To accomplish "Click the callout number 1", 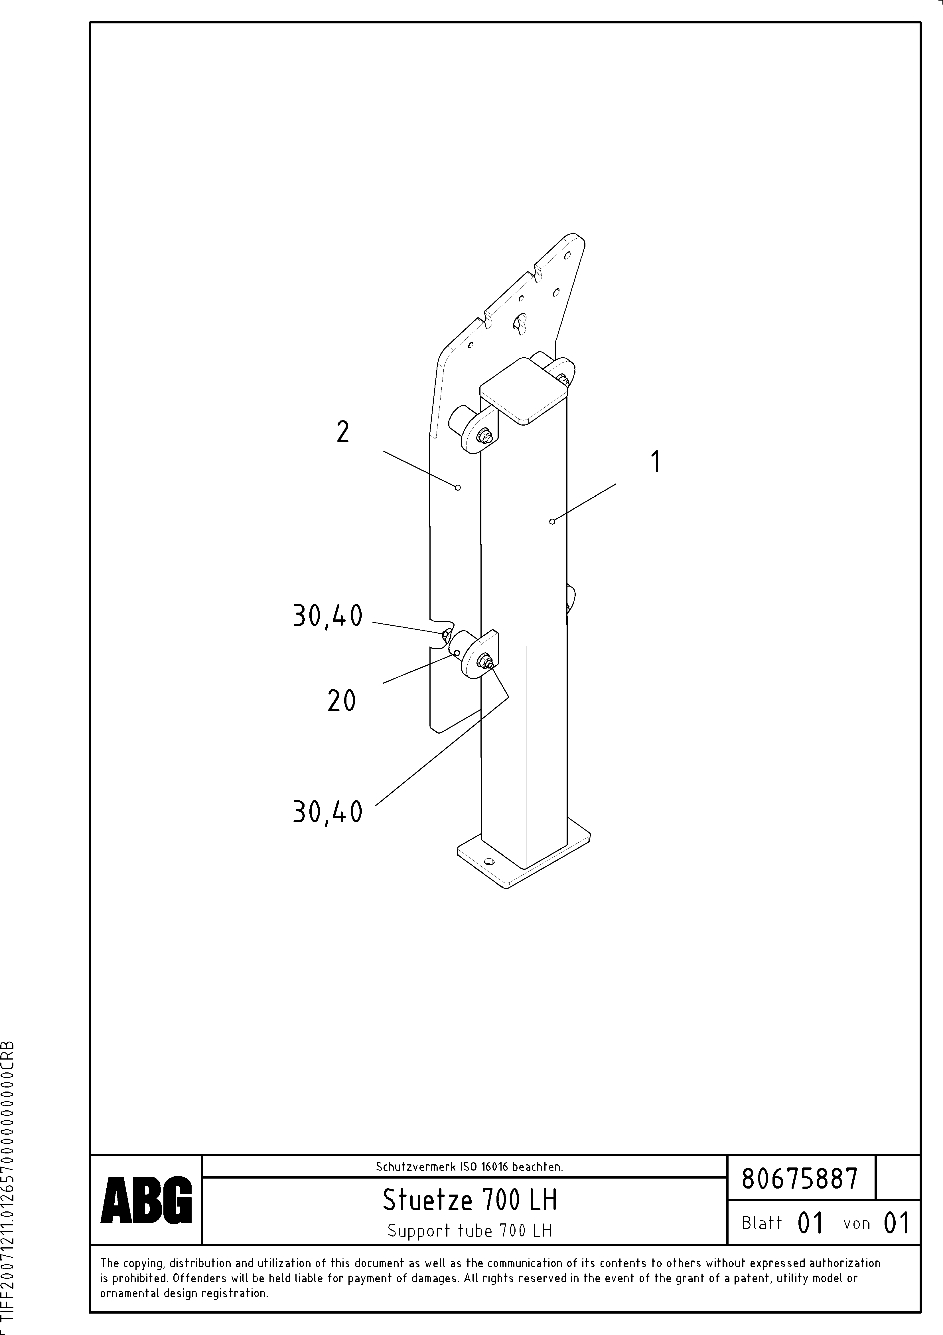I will pyautogui.click(x=655, y=462).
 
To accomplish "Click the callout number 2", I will pyautogui.click(x=343, y=433).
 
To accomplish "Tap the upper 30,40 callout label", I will pyautogui.click(x=328, y=616).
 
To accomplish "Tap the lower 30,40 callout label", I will pyautogui.click(x=328, y=812).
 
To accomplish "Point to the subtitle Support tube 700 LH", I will pyautogui.click(x=469, y=1231).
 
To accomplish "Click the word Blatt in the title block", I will pyautogui.click(x=762, y=1223).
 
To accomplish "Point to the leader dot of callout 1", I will pyautogui.click(x=552, y=521).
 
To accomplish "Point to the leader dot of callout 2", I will pyautogui.click(x=458, y=487).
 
